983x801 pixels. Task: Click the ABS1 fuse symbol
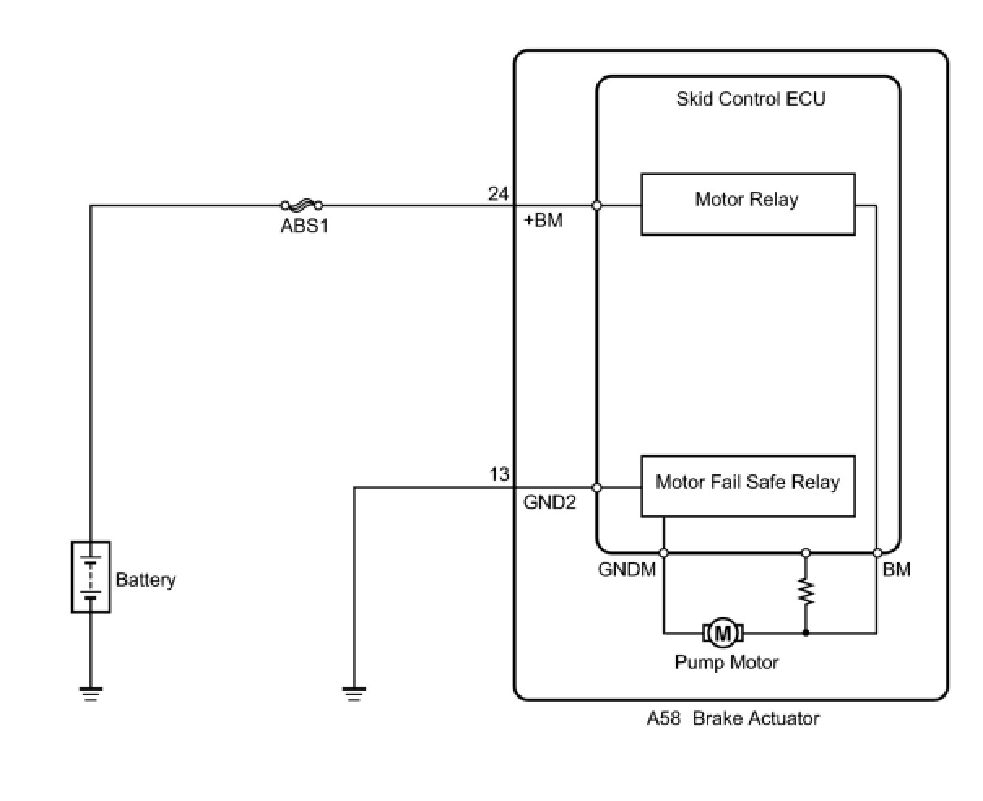point(301,206)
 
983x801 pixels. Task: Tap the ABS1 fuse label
point(305,226)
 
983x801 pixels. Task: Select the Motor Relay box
point(747,204)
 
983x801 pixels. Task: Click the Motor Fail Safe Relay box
point(747,486)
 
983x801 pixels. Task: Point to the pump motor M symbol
point(722,632)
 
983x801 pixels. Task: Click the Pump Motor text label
point(726,662)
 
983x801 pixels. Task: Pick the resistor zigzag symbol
point(805,591)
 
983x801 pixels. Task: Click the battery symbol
point(91,577)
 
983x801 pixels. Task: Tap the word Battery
point(145,580)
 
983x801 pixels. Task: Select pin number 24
point(498,194)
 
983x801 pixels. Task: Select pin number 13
point(499,474)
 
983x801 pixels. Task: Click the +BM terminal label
point(543,220)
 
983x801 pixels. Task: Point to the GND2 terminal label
point(549,502)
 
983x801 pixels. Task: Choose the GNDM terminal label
point(626,569)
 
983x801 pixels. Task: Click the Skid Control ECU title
point(751,99)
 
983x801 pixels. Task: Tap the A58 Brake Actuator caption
point(733,718)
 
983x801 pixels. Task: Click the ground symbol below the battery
point(91,693)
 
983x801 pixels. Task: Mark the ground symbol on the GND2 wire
point(354,693)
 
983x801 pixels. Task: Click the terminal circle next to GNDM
point(664,552)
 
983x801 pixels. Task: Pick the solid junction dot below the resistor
point(805,632)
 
